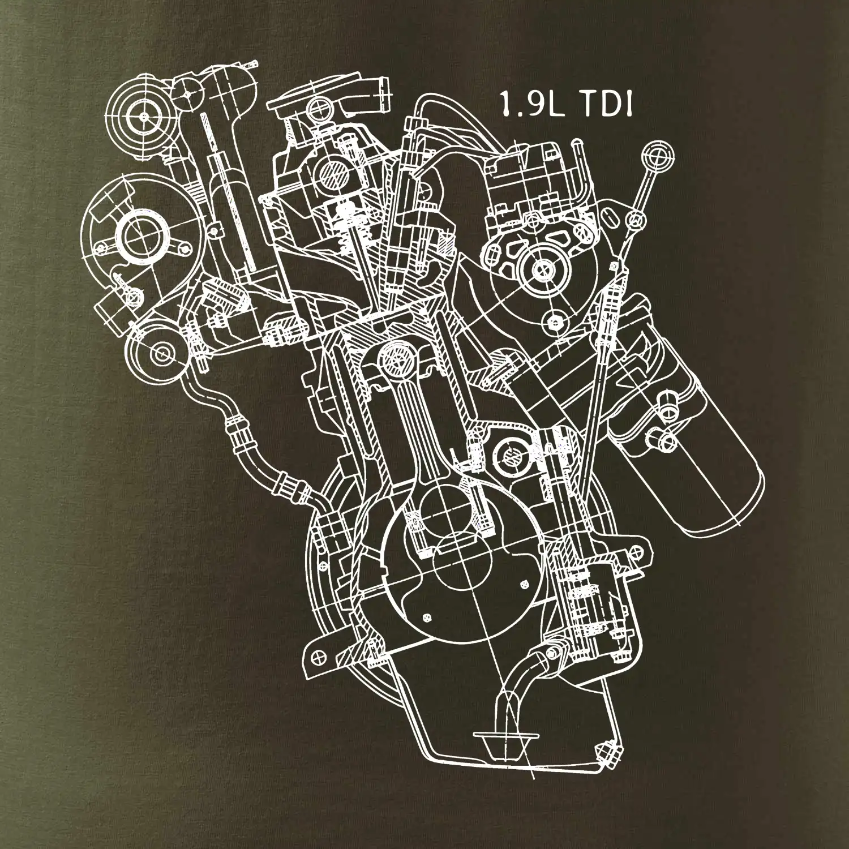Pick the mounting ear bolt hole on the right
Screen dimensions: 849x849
639,551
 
